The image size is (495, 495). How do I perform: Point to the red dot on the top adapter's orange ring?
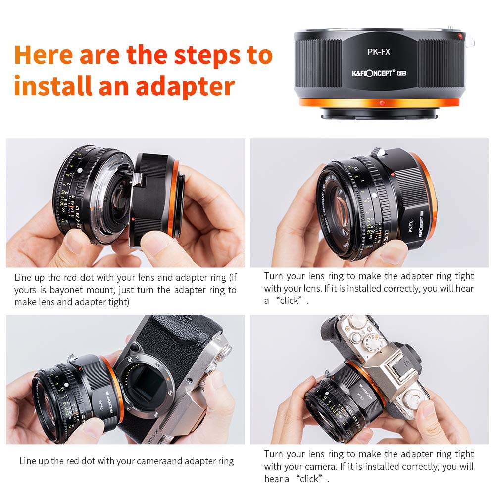381,103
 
